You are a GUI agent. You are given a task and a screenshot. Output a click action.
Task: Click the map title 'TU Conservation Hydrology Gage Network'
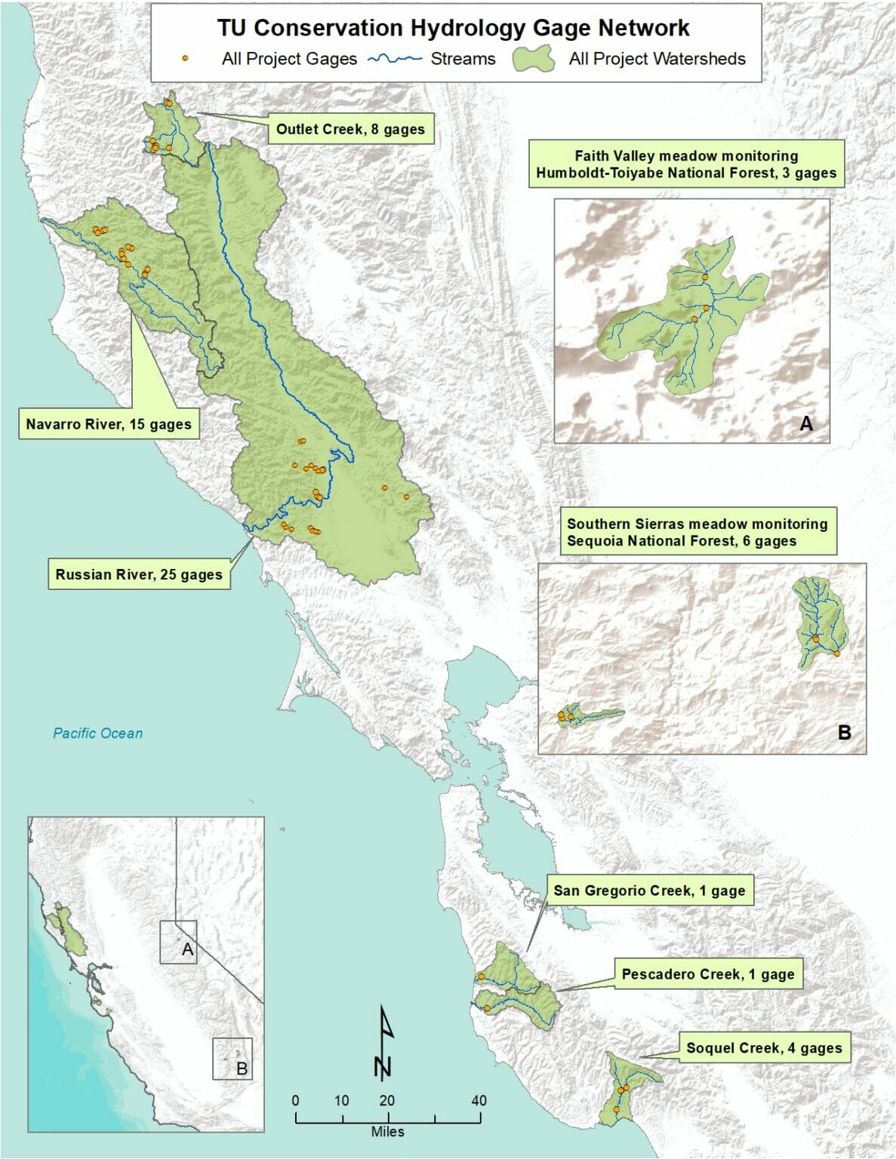click(453, 28)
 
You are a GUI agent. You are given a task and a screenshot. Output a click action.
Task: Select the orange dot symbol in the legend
click(185, 59)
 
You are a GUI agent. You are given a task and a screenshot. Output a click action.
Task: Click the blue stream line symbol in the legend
click(394, 59)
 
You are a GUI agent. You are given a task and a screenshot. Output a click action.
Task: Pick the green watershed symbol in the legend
click(533, 59)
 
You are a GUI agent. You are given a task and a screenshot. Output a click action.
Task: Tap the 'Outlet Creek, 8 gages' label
click(350, 129)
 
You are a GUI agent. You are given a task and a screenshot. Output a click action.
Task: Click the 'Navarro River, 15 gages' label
click(109, 424)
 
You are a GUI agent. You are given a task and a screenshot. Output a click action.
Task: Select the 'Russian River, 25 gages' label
click(139, 574)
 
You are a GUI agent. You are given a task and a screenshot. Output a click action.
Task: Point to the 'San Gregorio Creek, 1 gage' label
click(649, 890)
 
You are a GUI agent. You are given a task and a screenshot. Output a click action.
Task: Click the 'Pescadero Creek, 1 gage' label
click(708, 974)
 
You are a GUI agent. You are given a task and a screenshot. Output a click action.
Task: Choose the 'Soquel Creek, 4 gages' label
click(764, 1047)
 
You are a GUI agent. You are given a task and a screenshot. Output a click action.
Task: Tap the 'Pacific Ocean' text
click(97, 733)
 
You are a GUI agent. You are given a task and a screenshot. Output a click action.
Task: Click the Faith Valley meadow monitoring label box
click(686, 164)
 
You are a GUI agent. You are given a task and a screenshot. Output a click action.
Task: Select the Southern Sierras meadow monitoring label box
click(697, 532)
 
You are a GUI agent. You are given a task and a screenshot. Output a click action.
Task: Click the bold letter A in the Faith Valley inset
click(806, 424)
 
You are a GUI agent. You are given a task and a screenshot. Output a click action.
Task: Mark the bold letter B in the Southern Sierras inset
click(844, 733)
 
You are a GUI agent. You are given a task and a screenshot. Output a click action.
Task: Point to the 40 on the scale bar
click(479, 1100)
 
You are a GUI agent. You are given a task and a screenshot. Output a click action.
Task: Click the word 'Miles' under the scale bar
click(387, 1132)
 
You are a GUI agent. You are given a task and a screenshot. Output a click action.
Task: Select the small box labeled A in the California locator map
click(178, 942)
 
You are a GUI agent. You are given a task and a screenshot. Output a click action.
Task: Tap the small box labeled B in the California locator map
click(232, 1059)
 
